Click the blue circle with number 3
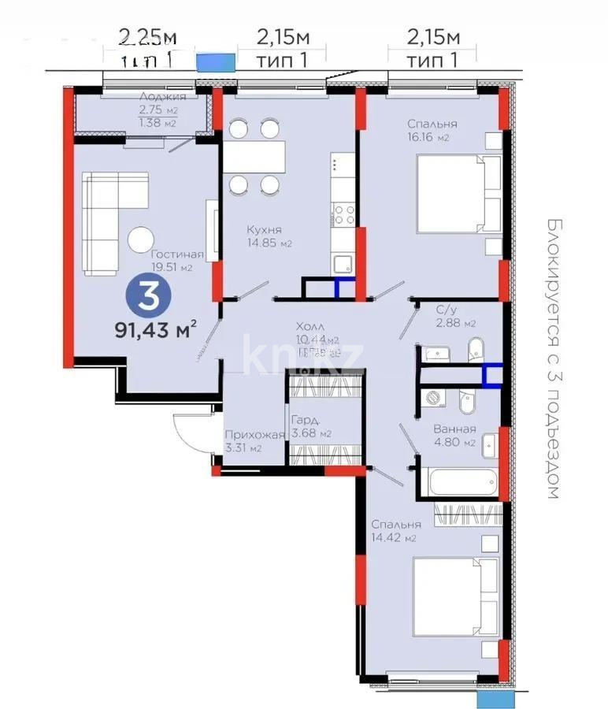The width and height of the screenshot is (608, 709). coord(146,297)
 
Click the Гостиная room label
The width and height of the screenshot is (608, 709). coord(177,254)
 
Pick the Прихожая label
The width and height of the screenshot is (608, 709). coord(254,435)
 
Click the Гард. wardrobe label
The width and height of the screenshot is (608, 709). coord(302,421)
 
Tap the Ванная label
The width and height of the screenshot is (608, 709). coord(454,429)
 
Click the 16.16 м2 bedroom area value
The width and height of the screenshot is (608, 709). coord(428,138)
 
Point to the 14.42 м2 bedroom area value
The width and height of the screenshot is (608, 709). coord(395,538)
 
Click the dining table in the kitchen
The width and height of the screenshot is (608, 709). coord(254,156)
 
